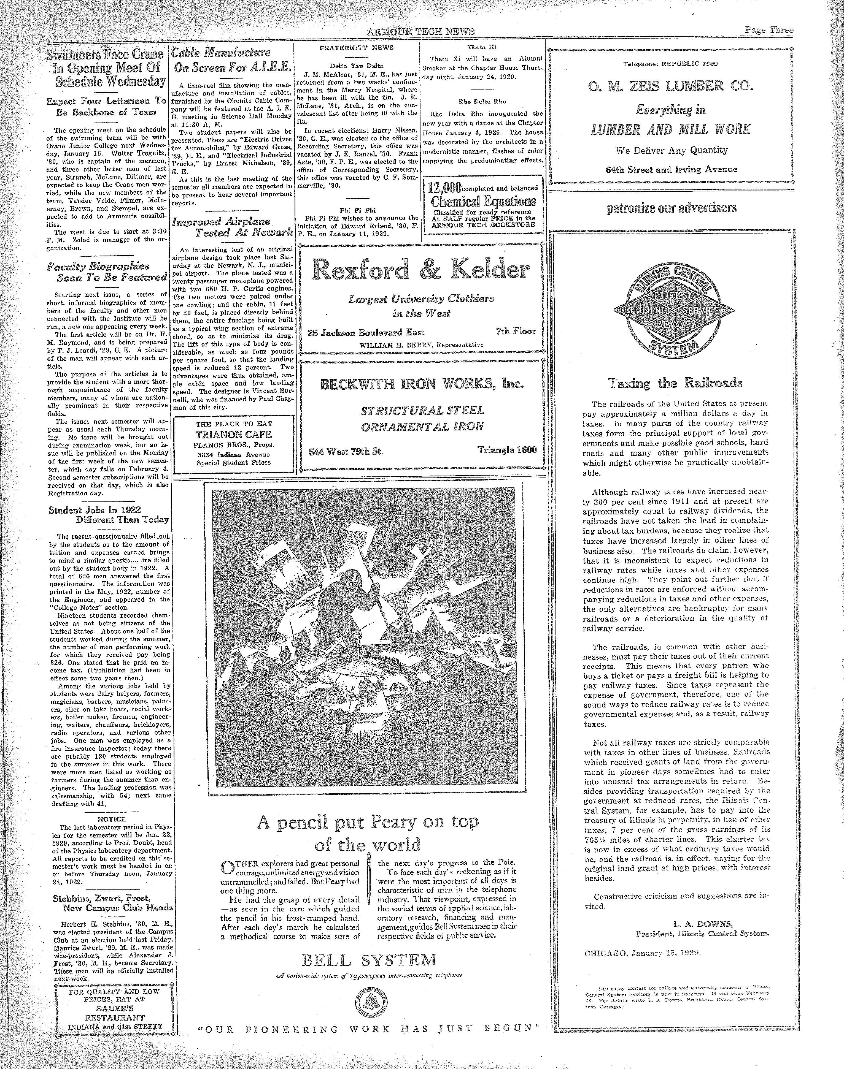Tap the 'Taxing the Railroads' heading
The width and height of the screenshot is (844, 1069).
click(x=675, y=383)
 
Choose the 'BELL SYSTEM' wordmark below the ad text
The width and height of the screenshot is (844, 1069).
click(x=370, y=960)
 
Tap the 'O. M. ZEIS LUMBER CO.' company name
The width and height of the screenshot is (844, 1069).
click(x=671, y=87)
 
